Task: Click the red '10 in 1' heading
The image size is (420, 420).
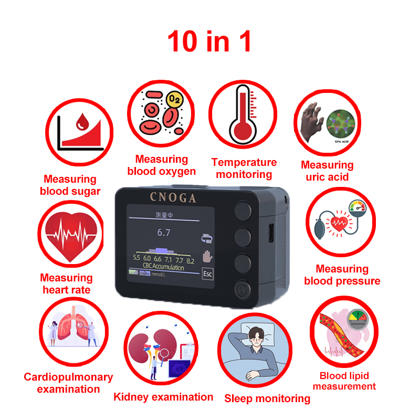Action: (209, 41)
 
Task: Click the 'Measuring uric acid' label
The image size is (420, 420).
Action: (327, 171)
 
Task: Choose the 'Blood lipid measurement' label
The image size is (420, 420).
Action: (344, 381)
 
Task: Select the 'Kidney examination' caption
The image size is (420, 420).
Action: (163, 397)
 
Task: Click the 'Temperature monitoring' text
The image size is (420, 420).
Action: (244, 169)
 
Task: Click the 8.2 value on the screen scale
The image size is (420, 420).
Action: (190, 259)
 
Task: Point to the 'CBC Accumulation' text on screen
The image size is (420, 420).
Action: (163, 267)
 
